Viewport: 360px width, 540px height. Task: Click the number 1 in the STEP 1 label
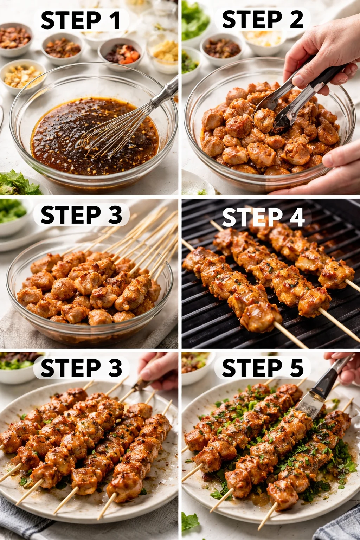[115, 20]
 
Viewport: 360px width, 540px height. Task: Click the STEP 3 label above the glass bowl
[81, 215]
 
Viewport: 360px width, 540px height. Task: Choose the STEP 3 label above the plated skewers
[81, 368]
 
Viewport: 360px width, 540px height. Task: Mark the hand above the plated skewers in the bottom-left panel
[158, 369]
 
